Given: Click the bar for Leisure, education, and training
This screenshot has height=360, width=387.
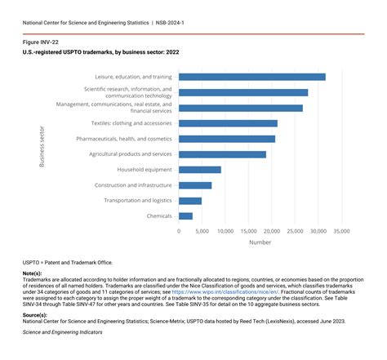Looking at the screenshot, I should (251, 77).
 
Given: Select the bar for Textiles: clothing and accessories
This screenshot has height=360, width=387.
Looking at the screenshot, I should (228, 123).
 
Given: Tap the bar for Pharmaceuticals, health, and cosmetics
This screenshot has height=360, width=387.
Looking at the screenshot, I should (227, 139).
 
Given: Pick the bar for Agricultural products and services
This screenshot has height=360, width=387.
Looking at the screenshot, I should (222, 154).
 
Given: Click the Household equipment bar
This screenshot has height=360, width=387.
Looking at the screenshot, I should (199, 170).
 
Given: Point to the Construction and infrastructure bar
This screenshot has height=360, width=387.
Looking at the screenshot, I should (195, 185).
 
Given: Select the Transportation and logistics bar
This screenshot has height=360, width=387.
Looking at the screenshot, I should (190, 201).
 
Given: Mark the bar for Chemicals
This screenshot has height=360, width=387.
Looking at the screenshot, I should (185, 216).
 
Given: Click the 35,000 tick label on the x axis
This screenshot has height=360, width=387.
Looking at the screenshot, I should (342, 231).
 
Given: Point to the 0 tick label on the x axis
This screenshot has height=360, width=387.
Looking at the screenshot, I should (179, 231).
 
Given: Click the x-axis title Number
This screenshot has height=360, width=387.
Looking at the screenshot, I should (260, 242).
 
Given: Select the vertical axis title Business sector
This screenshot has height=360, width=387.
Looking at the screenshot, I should (42, 146).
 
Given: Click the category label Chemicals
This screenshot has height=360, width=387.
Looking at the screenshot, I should (159, 216).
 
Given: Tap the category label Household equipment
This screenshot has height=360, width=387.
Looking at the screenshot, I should (145, 170).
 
